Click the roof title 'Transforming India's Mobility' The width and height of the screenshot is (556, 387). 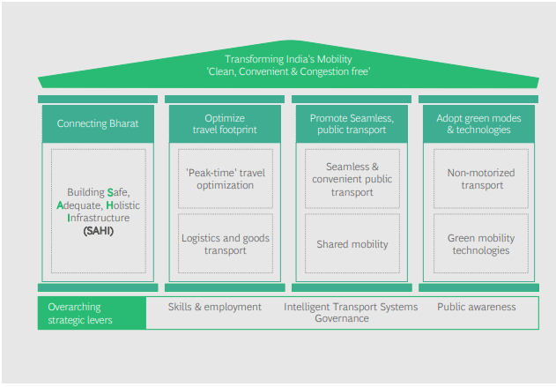(x=288, y=59)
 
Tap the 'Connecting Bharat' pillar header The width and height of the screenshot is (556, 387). (x=98, y=123)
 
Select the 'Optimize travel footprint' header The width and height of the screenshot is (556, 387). (x=225, y=123)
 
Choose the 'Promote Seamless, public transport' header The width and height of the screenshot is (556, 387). (x=352, y=123)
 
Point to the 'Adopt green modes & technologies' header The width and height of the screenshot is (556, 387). (x=478, y=123)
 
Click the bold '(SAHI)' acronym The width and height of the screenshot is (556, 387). (x=98, y=231)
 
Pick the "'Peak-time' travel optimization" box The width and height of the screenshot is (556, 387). (x=226, y=179)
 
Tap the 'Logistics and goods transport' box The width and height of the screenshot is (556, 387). (x=226, y=243)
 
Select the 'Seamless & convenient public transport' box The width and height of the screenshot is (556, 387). (x=352, y=179)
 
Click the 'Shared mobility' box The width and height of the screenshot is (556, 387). (x=352, y=243)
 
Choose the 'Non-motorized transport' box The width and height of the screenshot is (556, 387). (x=481, y=179)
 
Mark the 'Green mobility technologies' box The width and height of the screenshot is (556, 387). (x=481, y=243)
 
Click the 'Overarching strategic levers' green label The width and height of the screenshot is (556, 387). (x=93, y=313)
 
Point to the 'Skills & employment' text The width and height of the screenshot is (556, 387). (x=214, y=307)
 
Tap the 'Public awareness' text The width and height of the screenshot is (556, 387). (x=476, y=307)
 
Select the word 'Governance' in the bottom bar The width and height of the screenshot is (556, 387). (x=342, y=318)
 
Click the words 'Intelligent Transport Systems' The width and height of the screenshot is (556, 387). (x=351, y=307)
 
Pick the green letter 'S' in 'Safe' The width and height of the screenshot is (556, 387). (x=110, y=192)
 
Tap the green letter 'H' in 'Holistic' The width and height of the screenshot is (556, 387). (x=110, y=205)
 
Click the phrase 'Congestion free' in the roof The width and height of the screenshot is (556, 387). (x=334, y=71)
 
